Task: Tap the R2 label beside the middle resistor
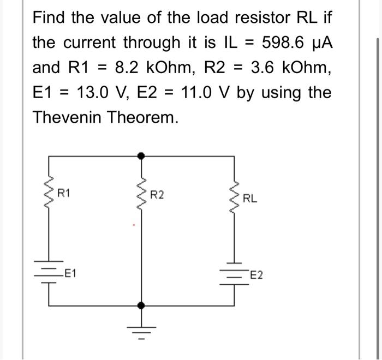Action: tap(157, 194)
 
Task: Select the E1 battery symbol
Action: tap(50, 274)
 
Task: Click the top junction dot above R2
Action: tap(142, 156)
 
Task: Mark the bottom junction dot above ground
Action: tap(142, 307)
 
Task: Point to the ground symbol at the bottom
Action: tap(142, 329)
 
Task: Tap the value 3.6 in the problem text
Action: tap(264, 67)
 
